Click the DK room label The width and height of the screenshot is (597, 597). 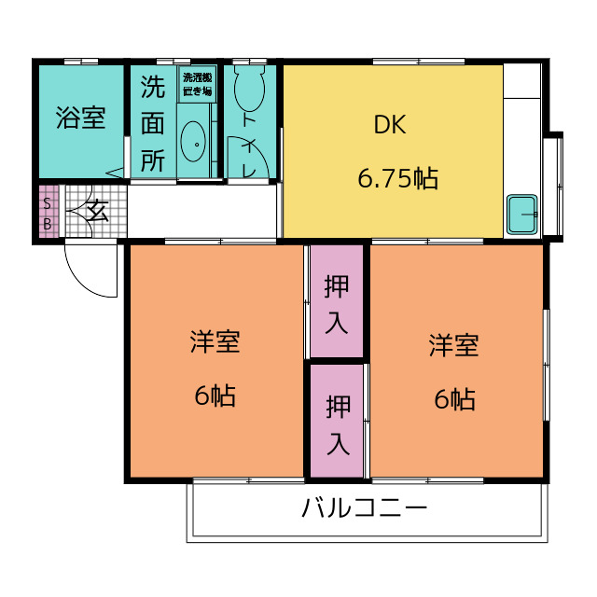click(x=390, y=124)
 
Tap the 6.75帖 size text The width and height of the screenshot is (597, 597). click(x=398, y=178)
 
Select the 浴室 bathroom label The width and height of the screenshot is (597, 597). click(x=81, y=118)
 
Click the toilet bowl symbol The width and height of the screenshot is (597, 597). click(x=249, y=88)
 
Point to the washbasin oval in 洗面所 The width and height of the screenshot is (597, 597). click(x=193, y=142)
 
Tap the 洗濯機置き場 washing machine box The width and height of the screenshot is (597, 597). click(x=197, y=84)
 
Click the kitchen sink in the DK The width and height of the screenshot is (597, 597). click(x=522, y=215)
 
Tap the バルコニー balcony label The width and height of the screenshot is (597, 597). click(x=365, y=507)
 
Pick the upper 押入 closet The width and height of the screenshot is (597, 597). click(x=337, y=300)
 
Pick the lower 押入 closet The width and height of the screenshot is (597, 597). click(x=337, y=421)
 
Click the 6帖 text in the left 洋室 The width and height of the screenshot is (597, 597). click(x=215, y=396)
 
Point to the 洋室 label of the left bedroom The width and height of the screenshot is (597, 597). click(x=215, y=341)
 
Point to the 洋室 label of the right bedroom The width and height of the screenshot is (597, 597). click(x=453, y=345)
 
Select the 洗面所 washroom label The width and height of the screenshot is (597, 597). click(x=153, y=123)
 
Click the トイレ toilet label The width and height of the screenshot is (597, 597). click(x=249, y=146)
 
